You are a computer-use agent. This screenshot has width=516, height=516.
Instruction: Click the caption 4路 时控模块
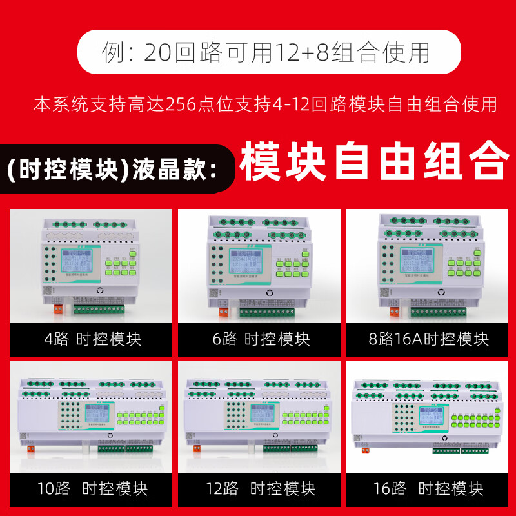point(92,339)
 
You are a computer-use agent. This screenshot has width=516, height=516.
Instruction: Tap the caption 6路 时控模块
point(261,339)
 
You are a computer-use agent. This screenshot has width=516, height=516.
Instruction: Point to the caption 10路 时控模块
point(92,488)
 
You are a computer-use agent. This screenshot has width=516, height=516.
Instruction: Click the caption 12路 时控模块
point(261,488)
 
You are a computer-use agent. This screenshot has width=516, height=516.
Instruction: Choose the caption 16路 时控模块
point(428,488)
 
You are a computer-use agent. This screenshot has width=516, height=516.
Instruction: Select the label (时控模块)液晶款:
point(112,169)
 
